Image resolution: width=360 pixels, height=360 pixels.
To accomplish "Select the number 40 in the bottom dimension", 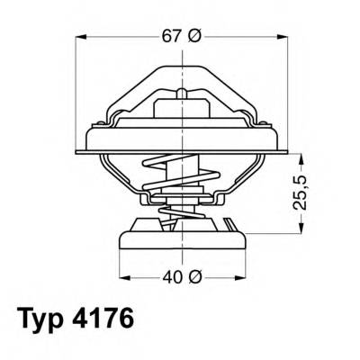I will pyautogui.click(x=170, y=277).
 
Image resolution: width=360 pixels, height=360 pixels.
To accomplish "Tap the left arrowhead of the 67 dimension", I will pyautogui.click(x=81, y=37).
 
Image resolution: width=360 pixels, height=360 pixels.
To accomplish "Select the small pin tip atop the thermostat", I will pyautogui.click(x=183, y=93).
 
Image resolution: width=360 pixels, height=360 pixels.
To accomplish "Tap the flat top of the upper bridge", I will pyautogui.click(x=183, y=71).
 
